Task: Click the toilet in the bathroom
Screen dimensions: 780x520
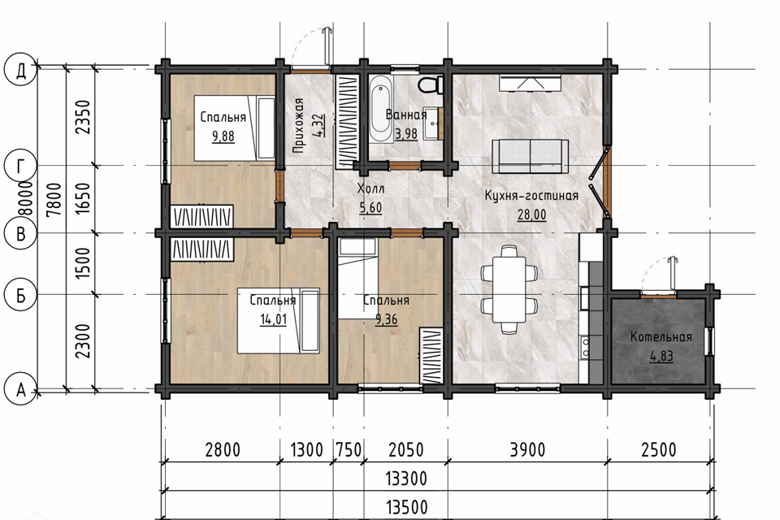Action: (x=431, y=84)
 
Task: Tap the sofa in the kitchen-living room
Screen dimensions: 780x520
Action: (x=531, y=156)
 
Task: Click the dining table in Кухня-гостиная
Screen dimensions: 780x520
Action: (x=509, y=288)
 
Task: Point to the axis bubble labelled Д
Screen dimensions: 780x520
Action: (x=20, y=70)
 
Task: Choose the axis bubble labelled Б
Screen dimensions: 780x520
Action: (x=20, y=295)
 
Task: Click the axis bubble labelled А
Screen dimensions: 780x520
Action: (x=20, y=390)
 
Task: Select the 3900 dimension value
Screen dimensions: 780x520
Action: (x=528, y=450)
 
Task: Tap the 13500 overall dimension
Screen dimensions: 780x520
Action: (x=406, y=508)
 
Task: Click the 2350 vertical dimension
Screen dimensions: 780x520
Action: (x=83, y=117)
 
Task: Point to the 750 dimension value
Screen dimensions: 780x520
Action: (x=348, y=450)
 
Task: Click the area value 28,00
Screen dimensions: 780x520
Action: (x=531, y=215)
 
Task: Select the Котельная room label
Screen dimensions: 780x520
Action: (x=661, y=337)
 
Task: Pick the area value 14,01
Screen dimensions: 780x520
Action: (x=274, y=319)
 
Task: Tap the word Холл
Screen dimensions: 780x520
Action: (x=371, y=189)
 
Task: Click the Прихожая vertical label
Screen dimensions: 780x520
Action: (x=298, y=125)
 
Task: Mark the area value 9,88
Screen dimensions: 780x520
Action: (x=223, y=136)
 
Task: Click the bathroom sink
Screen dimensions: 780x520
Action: (x=431, y=123)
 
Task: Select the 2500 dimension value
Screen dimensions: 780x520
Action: (x=659, y=450)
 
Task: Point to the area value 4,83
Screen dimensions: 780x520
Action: (x=661, y=356)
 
